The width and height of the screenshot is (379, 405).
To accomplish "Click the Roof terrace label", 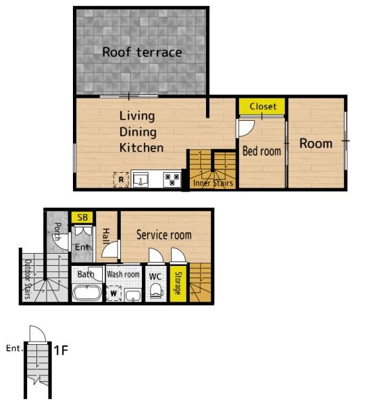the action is click(142, 52).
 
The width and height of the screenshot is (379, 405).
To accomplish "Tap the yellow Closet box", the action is click(262, 106).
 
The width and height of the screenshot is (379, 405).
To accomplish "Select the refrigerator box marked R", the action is click(121, 180).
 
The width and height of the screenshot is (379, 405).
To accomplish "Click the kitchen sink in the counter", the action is click(141, 180).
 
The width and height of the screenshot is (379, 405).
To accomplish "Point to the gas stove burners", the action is click(172, 180).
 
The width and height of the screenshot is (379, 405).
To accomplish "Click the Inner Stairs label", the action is click(213, 183).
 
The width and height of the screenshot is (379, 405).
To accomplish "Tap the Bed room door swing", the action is click(246, 128).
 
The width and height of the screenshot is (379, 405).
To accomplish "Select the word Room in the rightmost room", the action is click(316, 143).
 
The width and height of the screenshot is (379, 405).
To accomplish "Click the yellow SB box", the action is click(82, 217).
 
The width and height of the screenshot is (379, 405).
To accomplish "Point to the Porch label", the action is click(57, 231).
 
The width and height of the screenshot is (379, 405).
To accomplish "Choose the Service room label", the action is click(164, 235).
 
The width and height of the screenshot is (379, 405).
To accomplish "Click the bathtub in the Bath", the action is click(87, 293).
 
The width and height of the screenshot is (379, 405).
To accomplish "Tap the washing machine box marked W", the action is click(113, 293).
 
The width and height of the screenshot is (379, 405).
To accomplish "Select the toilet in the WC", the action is click(156, 291).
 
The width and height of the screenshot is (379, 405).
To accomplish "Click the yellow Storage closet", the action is click(178, 283).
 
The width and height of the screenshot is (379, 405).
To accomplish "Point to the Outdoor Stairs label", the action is click(28, 279).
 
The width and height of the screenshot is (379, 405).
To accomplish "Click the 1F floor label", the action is click(61, 350).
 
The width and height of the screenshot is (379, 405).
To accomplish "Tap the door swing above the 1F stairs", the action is click(38, 333).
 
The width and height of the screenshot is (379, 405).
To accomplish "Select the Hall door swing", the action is click(111, 248).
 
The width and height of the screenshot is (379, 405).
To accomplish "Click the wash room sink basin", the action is click(133, 295).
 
